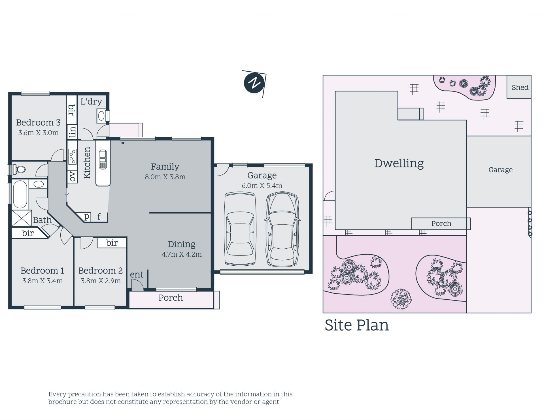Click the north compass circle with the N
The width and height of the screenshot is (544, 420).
point(254,83)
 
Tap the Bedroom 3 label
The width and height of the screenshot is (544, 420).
point(38,122)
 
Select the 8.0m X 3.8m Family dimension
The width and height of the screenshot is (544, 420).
point(165,177)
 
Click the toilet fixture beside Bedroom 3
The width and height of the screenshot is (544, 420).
point(19,170)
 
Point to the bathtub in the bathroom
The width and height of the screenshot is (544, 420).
point(20,195)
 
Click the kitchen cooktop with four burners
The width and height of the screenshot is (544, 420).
point(72,157)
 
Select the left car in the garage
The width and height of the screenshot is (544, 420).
point(240,229)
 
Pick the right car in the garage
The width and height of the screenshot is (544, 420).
point(282,229)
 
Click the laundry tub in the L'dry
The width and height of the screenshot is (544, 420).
point(101,116)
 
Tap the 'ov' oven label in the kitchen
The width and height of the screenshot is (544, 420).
point(73,176)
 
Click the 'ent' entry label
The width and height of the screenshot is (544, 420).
point(137,274)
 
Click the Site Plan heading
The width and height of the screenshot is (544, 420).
point(356,325)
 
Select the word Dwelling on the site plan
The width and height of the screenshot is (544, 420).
point(399,163)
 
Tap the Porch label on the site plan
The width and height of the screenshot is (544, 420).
point(441,223)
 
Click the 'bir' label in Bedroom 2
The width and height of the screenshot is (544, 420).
point(112,243)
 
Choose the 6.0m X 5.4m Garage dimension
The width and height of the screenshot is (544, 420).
point(262,186)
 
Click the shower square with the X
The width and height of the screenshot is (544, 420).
point(22,218)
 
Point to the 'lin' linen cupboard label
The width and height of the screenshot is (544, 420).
point(73,132)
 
